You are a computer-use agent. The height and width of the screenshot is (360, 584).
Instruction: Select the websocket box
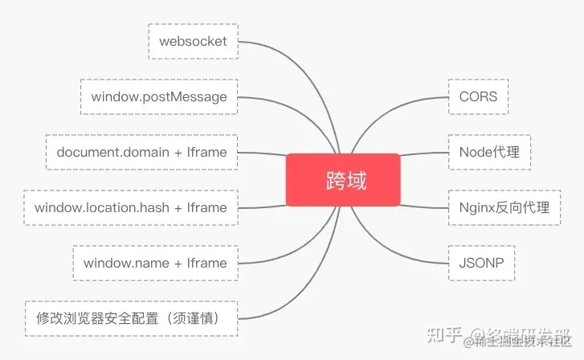(x=194, y=41)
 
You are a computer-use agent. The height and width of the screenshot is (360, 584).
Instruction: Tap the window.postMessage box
(x=159, y=96)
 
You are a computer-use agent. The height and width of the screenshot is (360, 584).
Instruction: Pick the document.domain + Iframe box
(x=141, y=152)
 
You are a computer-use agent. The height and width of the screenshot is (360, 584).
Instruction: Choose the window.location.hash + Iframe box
(x=131, y=207)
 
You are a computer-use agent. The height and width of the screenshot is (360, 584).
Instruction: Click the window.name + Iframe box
(x=155, y=263)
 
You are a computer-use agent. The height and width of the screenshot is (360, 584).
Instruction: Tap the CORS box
(x=478, y=96)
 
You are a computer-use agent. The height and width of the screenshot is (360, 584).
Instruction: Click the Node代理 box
(x=489, y=152)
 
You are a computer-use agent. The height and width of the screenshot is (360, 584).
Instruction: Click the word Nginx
(x=476, y=207)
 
